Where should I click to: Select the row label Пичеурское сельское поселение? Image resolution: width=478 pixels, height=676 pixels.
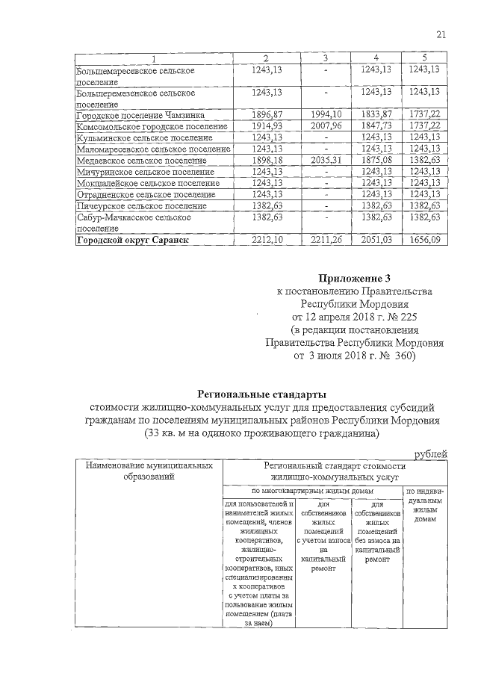pos(140,205)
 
